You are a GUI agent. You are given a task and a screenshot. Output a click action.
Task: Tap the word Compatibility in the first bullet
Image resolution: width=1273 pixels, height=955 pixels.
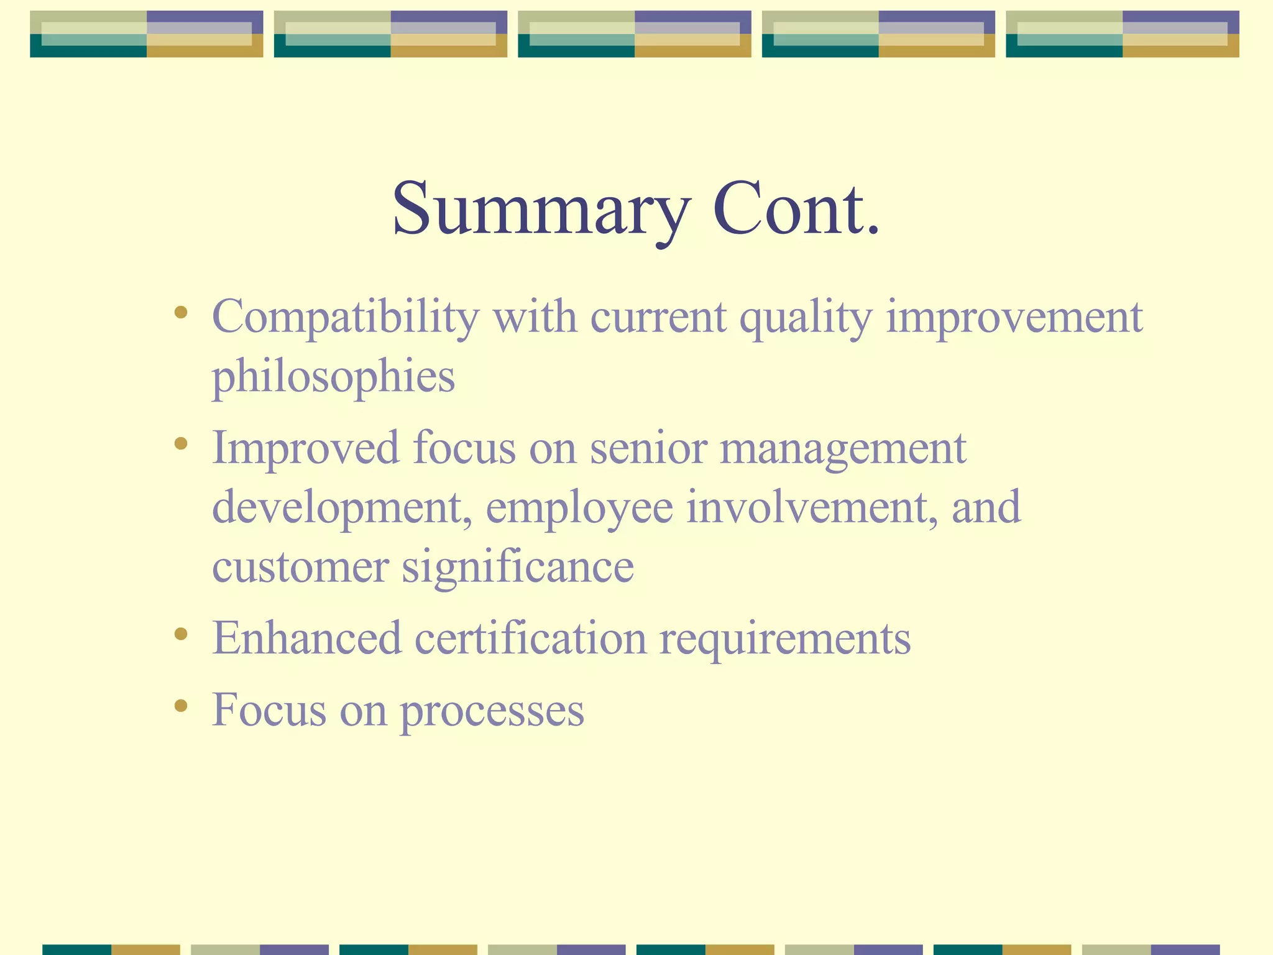(346, 318)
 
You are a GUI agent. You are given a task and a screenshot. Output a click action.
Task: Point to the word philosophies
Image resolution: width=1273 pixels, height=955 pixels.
(334, 377)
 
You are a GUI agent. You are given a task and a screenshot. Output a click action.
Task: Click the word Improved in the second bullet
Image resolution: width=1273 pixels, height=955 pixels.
(305, 448)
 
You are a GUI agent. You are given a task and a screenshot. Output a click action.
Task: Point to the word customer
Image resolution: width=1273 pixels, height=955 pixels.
(300, 567)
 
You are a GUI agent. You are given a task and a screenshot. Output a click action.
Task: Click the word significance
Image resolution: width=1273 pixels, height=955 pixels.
(518, 567)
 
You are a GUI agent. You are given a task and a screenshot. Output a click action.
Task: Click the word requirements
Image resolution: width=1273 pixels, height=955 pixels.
(784, 640)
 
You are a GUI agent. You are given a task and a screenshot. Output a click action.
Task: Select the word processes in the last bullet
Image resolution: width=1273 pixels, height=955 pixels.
(492, 711)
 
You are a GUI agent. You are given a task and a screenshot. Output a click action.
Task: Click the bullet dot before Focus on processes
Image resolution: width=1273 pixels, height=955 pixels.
(181, 705)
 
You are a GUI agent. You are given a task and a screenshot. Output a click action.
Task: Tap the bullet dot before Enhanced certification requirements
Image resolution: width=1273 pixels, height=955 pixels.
(181, 634)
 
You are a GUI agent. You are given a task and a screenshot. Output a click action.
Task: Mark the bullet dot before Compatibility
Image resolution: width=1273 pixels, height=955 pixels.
(181, 312)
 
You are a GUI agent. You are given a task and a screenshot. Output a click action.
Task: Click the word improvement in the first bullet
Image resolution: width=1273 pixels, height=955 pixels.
(1014, 318)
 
